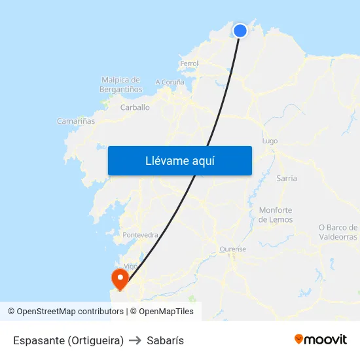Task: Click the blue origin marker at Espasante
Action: point(240,30)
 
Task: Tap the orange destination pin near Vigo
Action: point(120,279)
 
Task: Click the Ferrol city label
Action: point(189,63)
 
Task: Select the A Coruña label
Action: point(170,82)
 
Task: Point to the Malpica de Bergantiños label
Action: point(121,84)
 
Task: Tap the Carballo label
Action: point(135,107)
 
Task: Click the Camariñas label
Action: point(76,121)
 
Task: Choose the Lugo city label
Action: point(270,141)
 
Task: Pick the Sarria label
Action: point(287,178)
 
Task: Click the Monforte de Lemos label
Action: point(276,215)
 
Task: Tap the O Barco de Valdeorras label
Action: point(338,232)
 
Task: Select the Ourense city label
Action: point(233,249)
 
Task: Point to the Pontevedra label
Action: point(140,234)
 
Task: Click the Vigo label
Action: point(131,266)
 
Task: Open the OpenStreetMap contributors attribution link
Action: point(69,312)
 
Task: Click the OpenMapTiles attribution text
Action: point(166,312)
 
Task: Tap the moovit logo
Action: point(321,339)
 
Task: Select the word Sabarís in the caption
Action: point(165,340)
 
